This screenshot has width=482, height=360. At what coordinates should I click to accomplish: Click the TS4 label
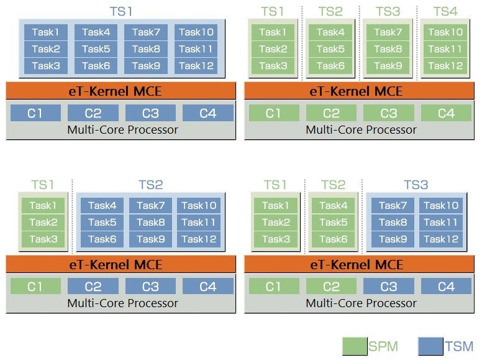(x=445, y=12)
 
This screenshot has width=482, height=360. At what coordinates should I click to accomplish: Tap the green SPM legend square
(x=355, y=346)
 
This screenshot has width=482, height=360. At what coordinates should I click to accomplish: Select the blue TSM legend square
(x=430, y=346)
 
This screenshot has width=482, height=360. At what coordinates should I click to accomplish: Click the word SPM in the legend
(x=383, y=346)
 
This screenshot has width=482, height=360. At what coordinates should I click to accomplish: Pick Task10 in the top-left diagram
(x=196, y=32)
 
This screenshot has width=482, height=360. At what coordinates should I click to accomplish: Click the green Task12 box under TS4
(x=445, y=66)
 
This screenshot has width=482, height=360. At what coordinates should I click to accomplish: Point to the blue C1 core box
(x=35, y=113)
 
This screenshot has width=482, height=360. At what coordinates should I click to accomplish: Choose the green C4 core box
(x=446, y=113)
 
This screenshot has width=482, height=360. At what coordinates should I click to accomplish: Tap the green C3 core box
(x=389, y=113)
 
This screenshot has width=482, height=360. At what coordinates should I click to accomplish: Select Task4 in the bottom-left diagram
(x=102, y=206)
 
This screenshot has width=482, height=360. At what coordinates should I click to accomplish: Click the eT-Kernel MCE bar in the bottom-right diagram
(x=360, y=264)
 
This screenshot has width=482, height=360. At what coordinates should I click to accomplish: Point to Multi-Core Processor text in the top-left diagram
(x=122, y=130)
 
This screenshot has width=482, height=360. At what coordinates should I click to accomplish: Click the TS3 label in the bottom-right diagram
(x=416, y=185)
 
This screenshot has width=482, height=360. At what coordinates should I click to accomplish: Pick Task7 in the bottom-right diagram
(x=393, y=206)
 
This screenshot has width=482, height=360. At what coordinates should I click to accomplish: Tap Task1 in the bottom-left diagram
(x=43, y=206)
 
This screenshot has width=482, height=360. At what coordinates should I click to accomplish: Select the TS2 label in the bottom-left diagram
(x=150, y=185)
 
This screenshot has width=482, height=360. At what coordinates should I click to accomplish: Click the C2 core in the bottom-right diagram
(x=331, y=287)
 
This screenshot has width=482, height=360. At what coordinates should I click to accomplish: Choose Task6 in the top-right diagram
(x=330, y=66)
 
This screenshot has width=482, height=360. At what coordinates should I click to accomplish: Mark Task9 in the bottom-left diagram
(x=150, y=239)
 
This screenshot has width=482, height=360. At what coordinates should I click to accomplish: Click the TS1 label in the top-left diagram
(x=121, y=12)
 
